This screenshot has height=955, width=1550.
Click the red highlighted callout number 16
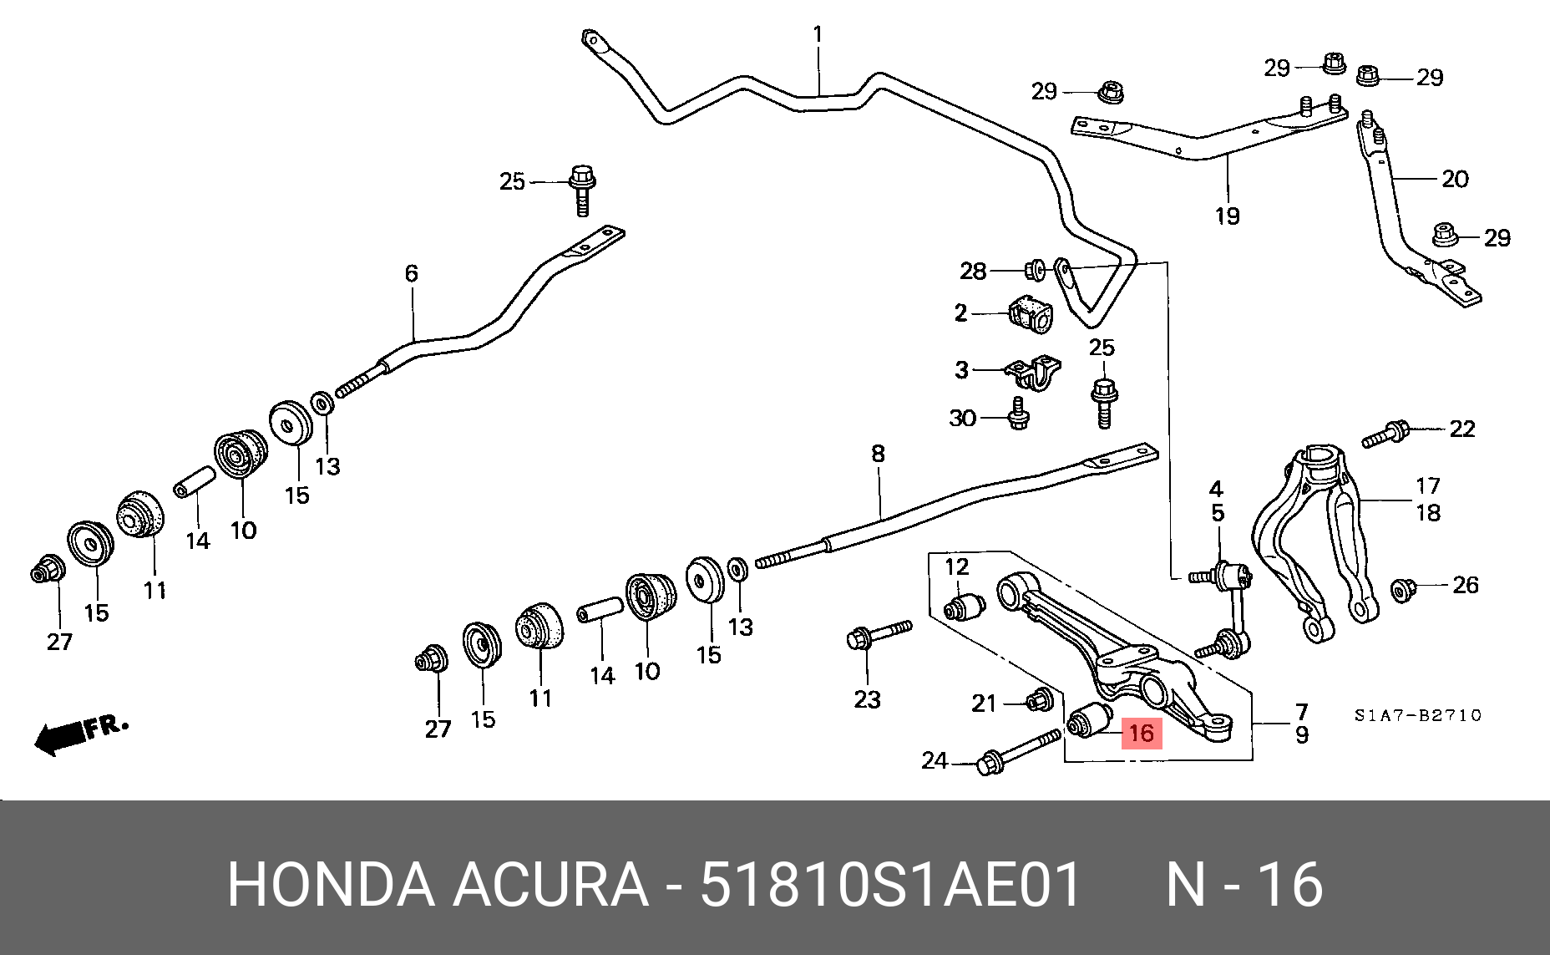click(1141, 734)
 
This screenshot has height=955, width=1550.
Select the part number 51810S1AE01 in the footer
click(890, 884)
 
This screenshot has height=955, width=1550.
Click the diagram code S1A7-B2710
click(1417, 715)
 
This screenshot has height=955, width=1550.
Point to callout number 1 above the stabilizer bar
click(818, 35)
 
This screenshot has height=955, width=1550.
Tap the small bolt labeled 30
click(1018, 414)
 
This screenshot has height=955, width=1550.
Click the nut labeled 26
click(1403, 589)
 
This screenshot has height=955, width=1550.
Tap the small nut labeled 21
click(1039, 699)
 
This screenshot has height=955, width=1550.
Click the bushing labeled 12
click(964, 606)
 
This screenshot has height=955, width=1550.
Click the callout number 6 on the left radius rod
click(411, 273)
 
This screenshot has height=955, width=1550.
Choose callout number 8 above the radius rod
click(878, 454)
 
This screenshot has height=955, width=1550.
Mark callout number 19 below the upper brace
click(1227, 216)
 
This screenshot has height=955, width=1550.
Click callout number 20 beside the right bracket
click(1455, 179)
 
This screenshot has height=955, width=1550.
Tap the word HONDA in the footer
click(331, 884)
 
